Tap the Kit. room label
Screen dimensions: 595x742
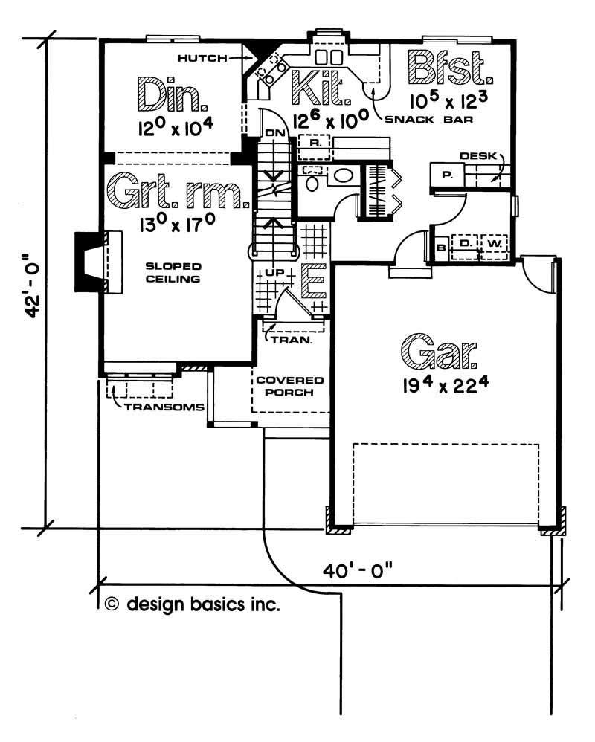click(x=321, y=88)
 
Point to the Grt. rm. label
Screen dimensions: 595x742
click(x=178, y=191)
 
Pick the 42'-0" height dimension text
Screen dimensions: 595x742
click(x=32, y=285)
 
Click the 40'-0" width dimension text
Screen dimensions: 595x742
click(x=358, y=570)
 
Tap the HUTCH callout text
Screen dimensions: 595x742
click(x=202, y=58)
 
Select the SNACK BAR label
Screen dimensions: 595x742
click(x=429, y=119)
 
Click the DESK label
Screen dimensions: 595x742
click(x=478, y=155)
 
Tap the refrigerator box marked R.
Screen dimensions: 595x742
click(x=315, y=143)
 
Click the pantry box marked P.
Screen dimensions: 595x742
click(x=447, y=175)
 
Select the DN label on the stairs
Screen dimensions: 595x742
click(x=275, y=133)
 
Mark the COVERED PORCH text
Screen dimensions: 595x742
click(x=290, y=386)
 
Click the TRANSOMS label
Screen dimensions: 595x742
click(x=164, y=407)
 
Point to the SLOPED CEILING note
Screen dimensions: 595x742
click(x=173, y=273)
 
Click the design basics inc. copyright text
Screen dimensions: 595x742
click(x=192, y=604)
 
